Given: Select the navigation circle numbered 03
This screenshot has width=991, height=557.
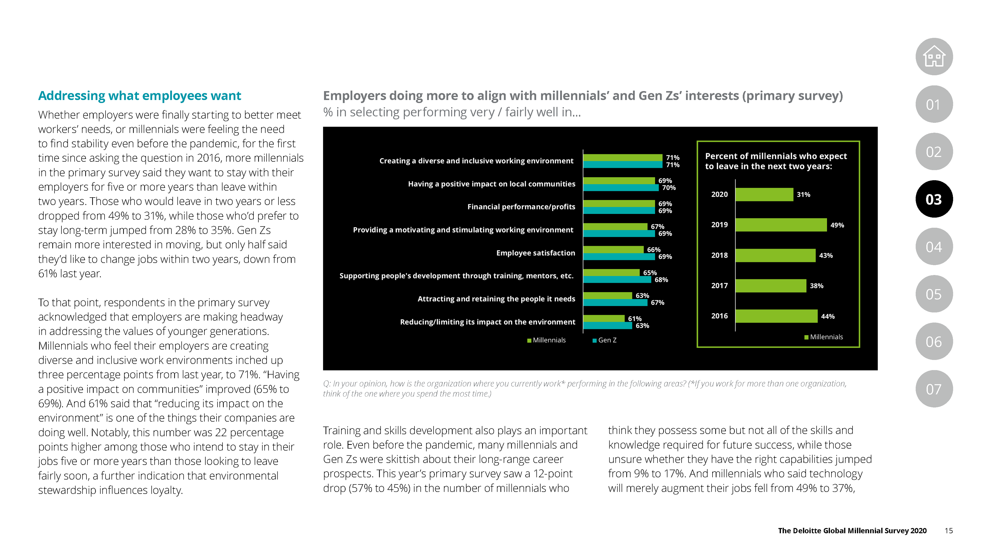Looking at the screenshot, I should click(934, 199).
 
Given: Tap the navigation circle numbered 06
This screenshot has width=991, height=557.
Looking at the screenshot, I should click(934, 341).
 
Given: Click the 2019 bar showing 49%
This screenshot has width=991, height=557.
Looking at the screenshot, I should click(781, 225).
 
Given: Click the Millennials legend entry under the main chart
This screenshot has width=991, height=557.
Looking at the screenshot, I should click(546, 340).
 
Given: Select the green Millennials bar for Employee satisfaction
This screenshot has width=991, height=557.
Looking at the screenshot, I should click(613, 249).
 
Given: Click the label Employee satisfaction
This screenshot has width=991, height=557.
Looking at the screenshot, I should click(536, 253).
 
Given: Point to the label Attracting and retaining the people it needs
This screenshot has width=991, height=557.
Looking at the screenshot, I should click(496, 299).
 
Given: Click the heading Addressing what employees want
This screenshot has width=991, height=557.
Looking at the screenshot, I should click(140, 95).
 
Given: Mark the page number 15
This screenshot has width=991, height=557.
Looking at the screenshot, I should click(949, 530).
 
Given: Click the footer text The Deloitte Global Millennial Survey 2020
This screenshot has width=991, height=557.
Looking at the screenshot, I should click(852, 530).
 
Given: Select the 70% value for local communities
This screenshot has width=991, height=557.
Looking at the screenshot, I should click(669, 187).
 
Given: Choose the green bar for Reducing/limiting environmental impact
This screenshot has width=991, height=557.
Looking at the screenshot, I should click(604, 318).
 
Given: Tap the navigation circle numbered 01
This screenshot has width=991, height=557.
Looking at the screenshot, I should click(934, 104).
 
